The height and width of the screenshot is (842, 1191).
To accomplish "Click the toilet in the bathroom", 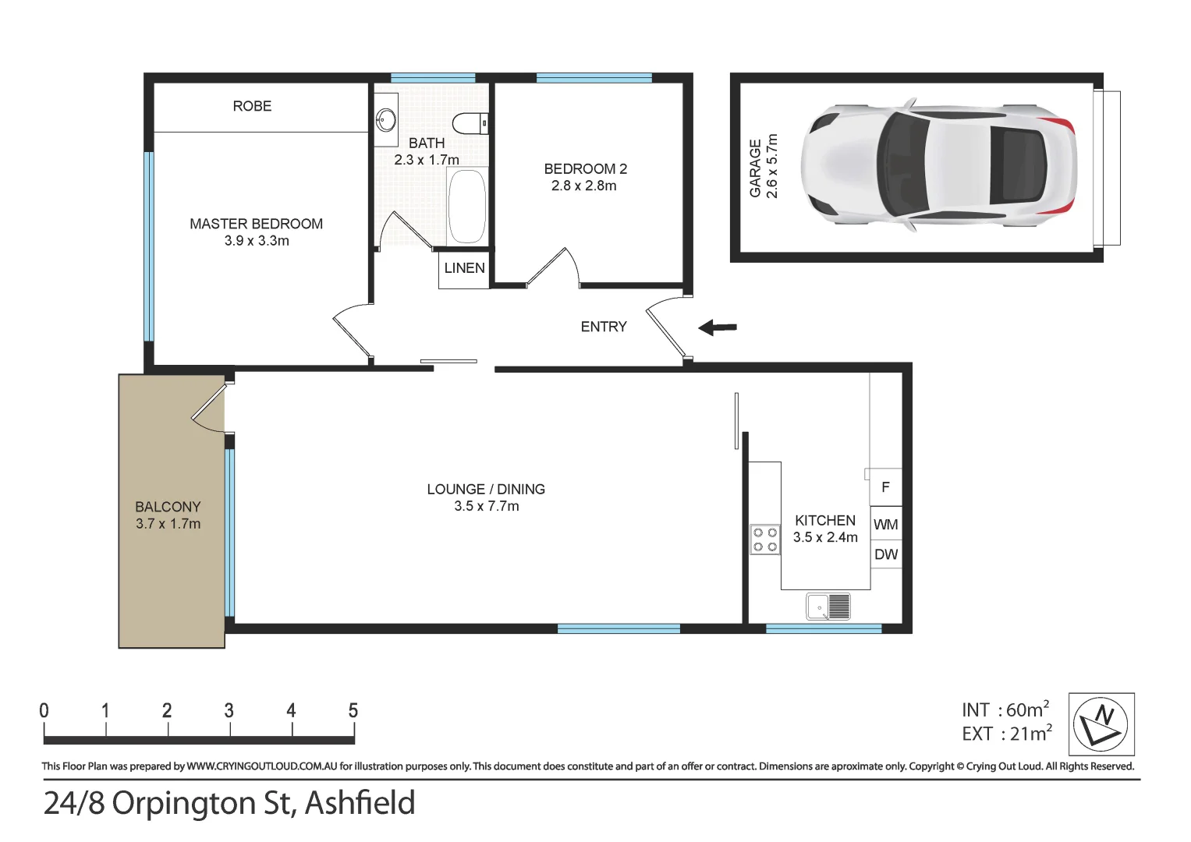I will [x=470, y=123].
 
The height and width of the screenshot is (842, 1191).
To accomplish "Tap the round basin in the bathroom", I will [x=385, y=120].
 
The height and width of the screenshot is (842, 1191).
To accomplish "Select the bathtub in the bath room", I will [x=466, y=207].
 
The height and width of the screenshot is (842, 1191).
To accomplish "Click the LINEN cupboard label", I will [x=464, y=268].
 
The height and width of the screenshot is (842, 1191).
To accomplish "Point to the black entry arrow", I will [x=718, y=327].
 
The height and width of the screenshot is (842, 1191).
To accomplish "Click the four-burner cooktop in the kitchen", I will [x=764, y=540].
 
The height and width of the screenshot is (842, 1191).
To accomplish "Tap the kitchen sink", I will [x=828, y=607].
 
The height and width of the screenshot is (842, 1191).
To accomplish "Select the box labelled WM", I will [x=885, y=525].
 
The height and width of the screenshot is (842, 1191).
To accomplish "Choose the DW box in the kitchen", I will [x=885, y=554].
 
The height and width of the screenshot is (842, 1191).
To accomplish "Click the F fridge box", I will [x=885, y=487].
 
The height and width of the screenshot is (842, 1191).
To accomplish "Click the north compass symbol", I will [x=1101, y=723].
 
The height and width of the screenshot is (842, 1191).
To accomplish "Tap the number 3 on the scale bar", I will [x=229, y=710].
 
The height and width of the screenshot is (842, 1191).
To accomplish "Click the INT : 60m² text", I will [x=1005, y=709].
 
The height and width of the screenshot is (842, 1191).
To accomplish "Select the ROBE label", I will [x=252, y=106].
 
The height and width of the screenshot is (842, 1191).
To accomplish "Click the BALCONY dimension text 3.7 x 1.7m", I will [x=168, y=524].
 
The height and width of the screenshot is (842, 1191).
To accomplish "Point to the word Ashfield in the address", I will [x=360, y=803].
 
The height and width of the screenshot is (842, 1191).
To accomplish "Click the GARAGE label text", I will [x=755, y=168].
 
